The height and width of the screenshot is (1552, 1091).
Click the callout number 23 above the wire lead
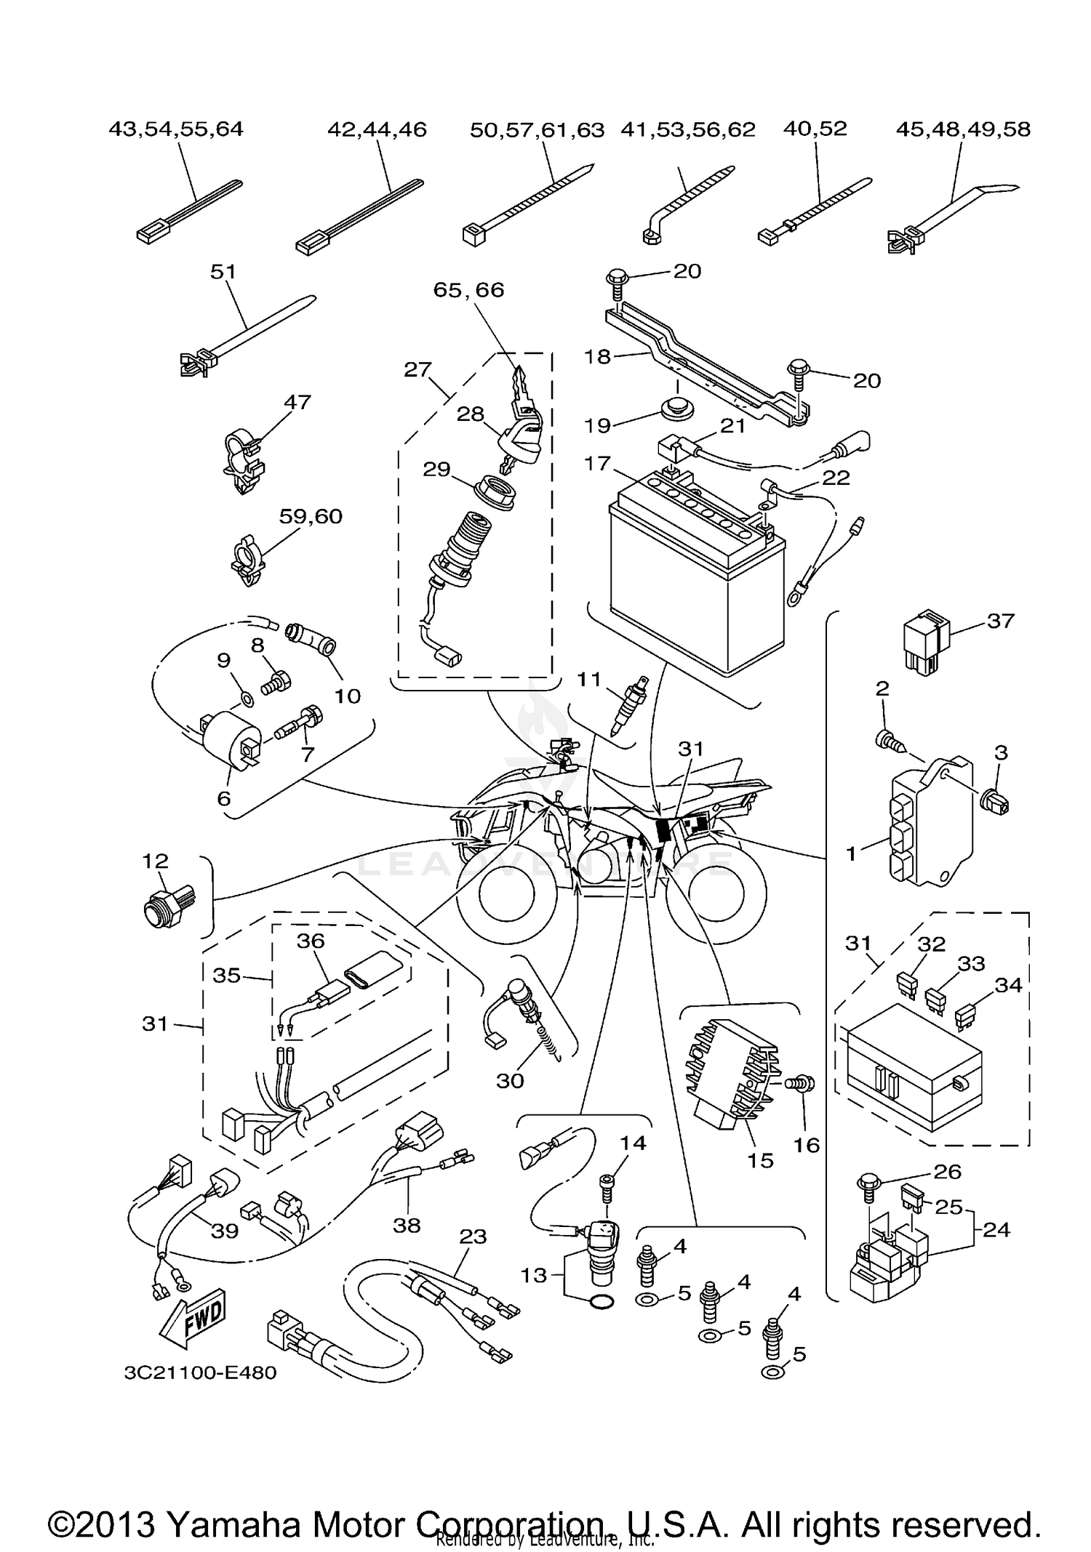(473, 1236)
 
